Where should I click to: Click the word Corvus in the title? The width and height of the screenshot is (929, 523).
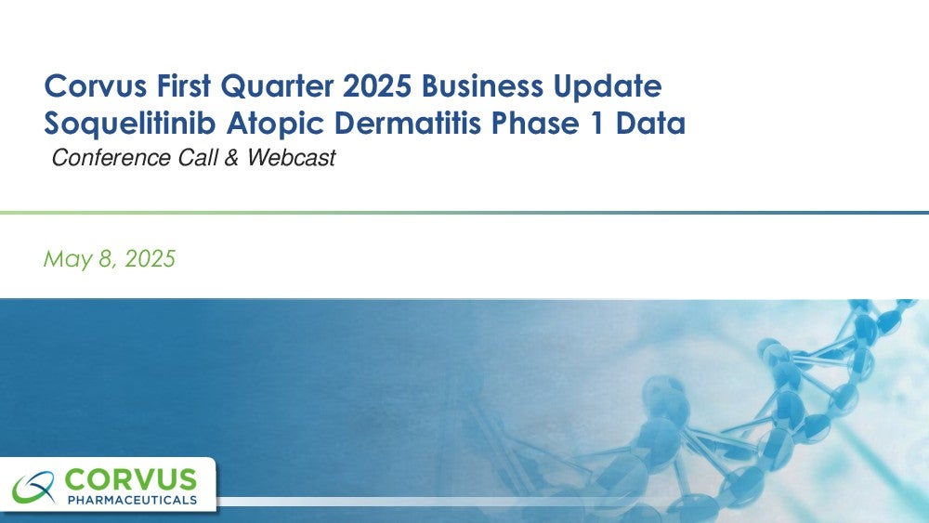96,85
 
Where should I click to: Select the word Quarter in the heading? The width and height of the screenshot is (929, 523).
277,86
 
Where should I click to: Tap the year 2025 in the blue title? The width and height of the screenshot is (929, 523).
377,85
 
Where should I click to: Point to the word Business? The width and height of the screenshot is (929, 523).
482,85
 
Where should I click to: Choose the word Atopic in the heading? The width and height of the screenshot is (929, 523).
276,124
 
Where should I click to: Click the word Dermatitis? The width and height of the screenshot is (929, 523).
408,124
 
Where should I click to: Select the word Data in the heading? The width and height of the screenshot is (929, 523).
650,124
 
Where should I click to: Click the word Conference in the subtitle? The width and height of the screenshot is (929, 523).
111,158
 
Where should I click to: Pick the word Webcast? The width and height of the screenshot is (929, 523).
292,158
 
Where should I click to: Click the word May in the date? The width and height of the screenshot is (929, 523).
68,259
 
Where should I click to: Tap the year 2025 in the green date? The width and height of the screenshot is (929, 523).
150,259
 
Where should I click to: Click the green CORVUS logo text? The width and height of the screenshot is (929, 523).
130,479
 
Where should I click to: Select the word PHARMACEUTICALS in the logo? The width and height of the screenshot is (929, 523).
132,500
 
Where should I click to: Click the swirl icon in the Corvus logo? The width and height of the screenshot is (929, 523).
34,488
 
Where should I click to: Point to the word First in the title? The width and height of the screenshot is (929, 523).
184,85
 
